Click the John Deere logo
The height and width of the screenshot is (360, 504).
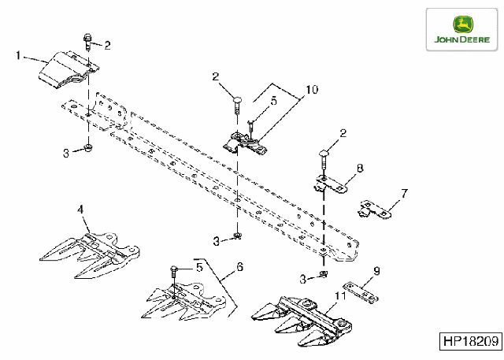tap(462, 30)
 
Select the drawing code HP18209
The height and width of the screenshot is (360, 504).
tap(471, 341)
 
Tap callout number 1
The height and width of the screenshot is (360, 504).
tap(18, 55)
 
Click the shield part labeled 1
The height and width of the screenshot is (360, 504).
tap(69, 69)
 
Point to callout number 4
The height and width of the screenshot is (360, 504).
tap(80, 210)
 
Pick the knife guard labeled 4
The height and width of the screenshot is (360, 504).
tap(90, 254)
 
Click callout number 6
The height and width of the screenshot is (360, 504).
tap(239, 267)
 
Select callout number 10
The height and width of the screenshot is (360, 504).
tap(312, 89)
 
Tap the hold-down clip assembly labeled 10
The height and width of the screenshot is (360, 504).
tap(245, 143)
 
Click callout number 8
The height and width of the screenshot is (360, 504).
tap(360, 168)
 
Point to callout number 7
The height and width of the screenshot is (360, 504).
tap(404, 194)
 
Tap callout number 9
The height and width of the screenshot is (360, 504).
tap(376, 271)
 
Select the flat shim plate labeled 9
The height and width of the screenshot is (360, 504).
tap(361, 293)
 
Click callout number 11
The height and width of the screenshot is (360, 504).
tap(340, 295)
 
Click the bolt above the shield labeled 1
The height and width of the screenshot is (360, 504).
tap(87, 42)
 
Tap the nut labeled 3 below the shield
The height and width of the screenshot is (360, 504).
tap(87, 149)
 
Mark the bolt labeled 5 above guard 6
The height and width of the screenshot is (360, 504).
tap(173, 273)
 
